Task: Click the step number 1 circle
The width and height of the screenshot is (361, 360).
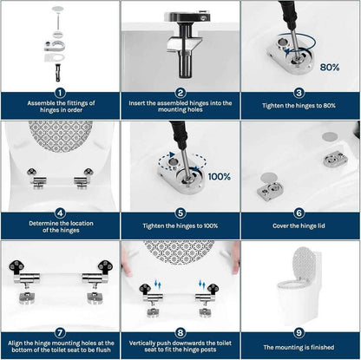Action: [x=60, y=92]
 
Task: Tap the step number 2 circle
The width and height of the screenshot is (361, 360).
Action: [x=180, y=92]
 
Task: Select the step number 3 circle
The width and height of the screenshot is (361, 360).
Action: [x=300, y=92]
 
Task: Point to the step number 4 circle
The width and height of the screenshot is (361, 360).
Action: [x=60, y=212]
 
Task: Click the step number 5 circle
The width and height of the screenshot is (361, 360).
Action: [x=180, y=212]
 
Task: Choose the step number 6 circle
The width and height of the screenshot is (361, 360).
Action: [x=300, y=212]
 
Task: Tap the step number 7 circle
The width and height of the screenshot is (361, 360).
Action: [x=60, y=331]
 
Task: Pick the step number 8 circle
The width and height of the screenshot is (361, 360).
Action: [x=180, y=331]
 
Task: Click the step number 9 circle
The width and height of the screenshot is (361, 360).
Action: [x=300, y=331]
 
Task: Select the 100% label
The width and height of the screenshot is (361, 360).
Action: [x=219, y=176]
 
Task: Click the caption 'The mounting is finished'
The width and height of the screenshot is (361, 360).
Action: [x=300, y=348]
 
